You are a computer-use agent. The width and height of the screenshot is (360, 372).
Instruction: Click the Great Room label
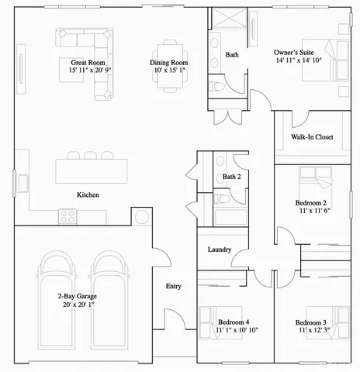pos(88,62)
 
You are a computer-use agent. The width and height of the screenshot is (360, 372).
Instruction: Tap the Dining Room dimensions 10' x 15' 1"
pos(169,71)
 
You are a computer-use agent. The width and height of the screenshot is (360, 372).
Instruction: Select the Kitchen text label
pos(87,195)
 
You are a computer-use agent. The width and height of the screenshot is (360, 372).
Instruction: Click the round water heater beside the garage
pos(141,217)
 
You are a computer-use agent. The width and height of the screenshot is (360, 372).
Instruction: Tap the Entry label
pos(174,287)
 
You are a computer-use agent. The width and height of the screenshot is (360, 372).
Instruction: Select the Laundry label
pos(220,250)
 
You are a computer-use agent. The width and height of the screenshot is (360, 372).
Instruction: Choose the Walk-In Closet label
pos(312,137)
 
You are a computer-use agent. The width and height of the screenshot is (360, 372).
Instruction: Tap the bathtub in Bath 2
pos(230,215)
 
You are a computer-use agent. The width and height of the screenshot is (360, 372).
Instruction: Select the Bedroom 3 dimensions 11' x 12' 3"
pos(313,330)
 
